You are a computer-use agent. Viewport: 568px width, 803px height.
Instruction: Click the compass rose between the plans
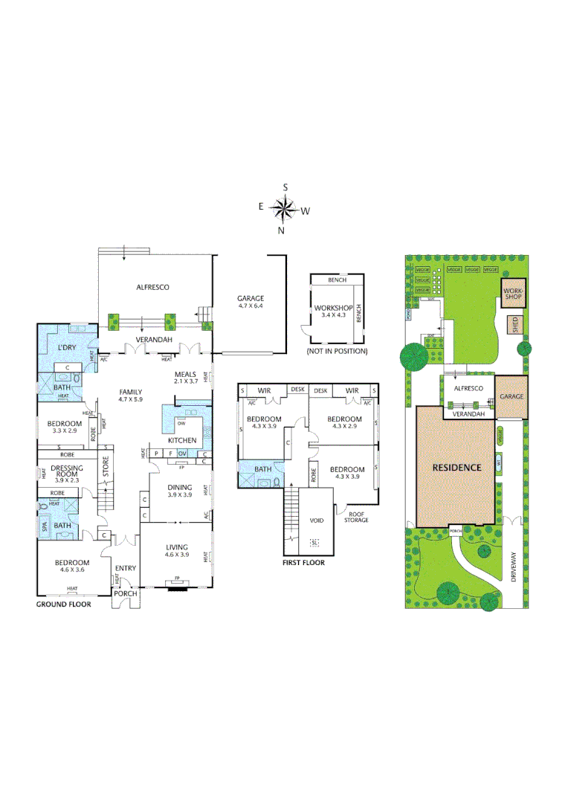click(284, 209)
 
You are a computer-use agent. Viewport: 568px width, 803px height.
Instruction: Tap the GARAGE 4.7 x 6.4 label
click(250, 302)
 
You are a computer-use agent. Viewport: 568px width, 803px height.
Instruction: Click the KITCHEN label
click(182, 440)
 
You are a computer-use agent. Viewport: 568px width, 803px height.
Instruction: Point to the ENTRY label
click(125, 569)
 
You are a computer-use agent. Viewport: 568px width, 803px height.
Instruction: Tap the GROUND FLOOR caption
click(64, 604)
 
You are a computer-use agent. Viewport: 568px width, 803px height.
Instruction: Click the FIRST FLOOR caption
click(304, 563)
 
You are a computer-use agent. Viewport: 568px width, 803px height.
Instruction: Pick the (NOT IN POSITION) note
click(332, 350)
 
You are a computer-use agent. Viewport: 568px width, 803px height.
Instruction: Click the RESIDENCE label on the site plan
click(457, 468)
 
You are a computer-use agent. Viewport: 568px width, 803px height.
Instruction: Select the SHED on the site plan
click(513, 325)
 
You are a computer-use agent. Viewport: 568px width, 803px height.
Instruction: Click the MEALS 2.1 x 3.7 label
click(185, 378)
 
